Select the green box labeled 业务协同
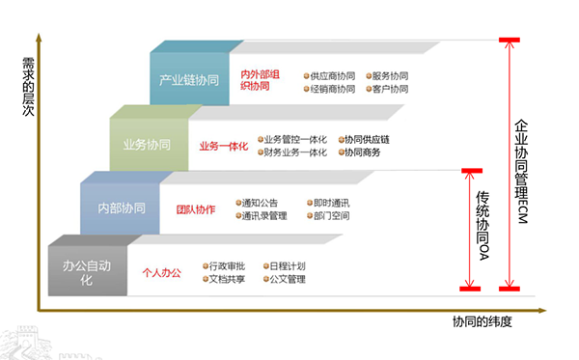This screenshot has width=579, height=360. pyautogui.click(x=148, y=145)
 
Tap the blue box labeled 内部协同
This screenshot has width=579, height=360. pyautogui.click(x=121, y=208)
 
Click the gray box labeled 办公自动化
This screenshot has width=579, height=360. pyautogui.click(x=88, y=270)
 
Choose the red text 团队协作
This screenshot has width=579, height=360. pyautogui.click(x=195, y=209)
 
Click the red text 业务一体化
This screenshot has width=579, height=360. pyautogui.click(x=224, y=146)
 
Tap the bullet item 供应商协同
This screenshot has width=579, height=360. pyautogui.click(x=331, y=74)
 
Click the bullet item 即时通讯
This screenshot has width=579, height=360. pyautogui.click(x=330, y=203)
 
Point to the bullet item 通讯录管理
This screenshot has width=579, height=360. pyautogui.click(x=264, y=216)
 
